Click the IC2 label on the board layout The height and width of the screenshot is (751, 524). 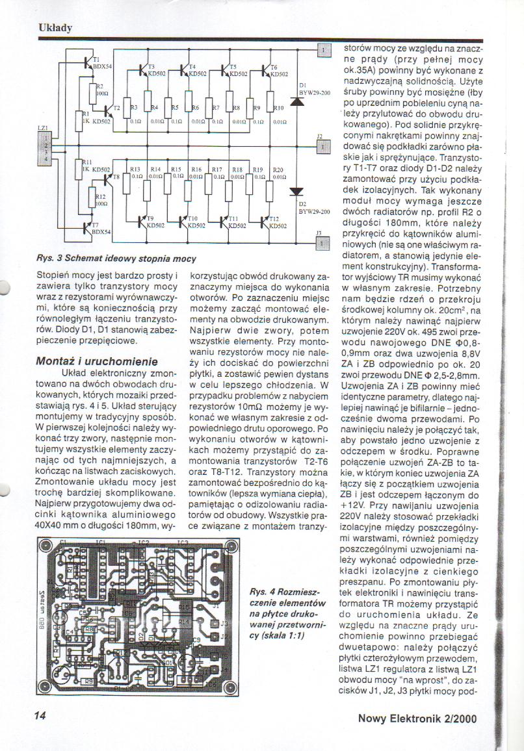point(144,542)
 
